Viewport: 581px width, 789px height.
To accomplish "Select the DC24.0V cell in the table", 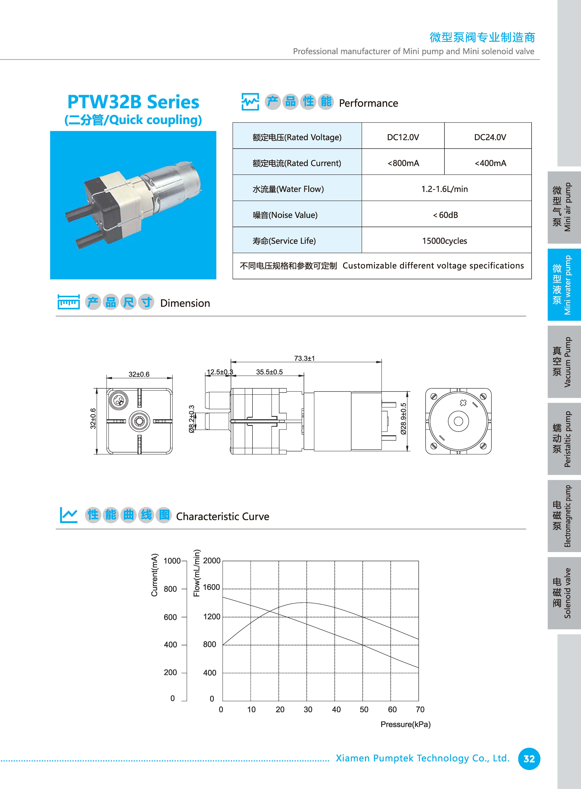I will [490, 137].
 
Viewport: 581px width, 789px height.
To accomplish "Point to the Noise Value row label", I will [285, 215].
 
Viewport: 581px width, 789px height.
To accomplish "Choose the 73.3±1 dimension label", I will [305, 358].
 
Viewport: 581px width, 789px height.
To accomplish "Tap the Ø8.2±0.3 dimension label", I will [192, 419].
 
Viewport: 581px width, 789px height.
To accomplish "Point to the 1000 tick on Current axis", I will [172, 561].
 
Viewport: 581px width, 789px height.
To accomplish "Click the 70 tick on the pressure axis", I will [420, 709].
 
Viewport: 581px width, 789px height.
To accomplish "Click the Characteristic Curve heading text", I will [223, 516].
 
